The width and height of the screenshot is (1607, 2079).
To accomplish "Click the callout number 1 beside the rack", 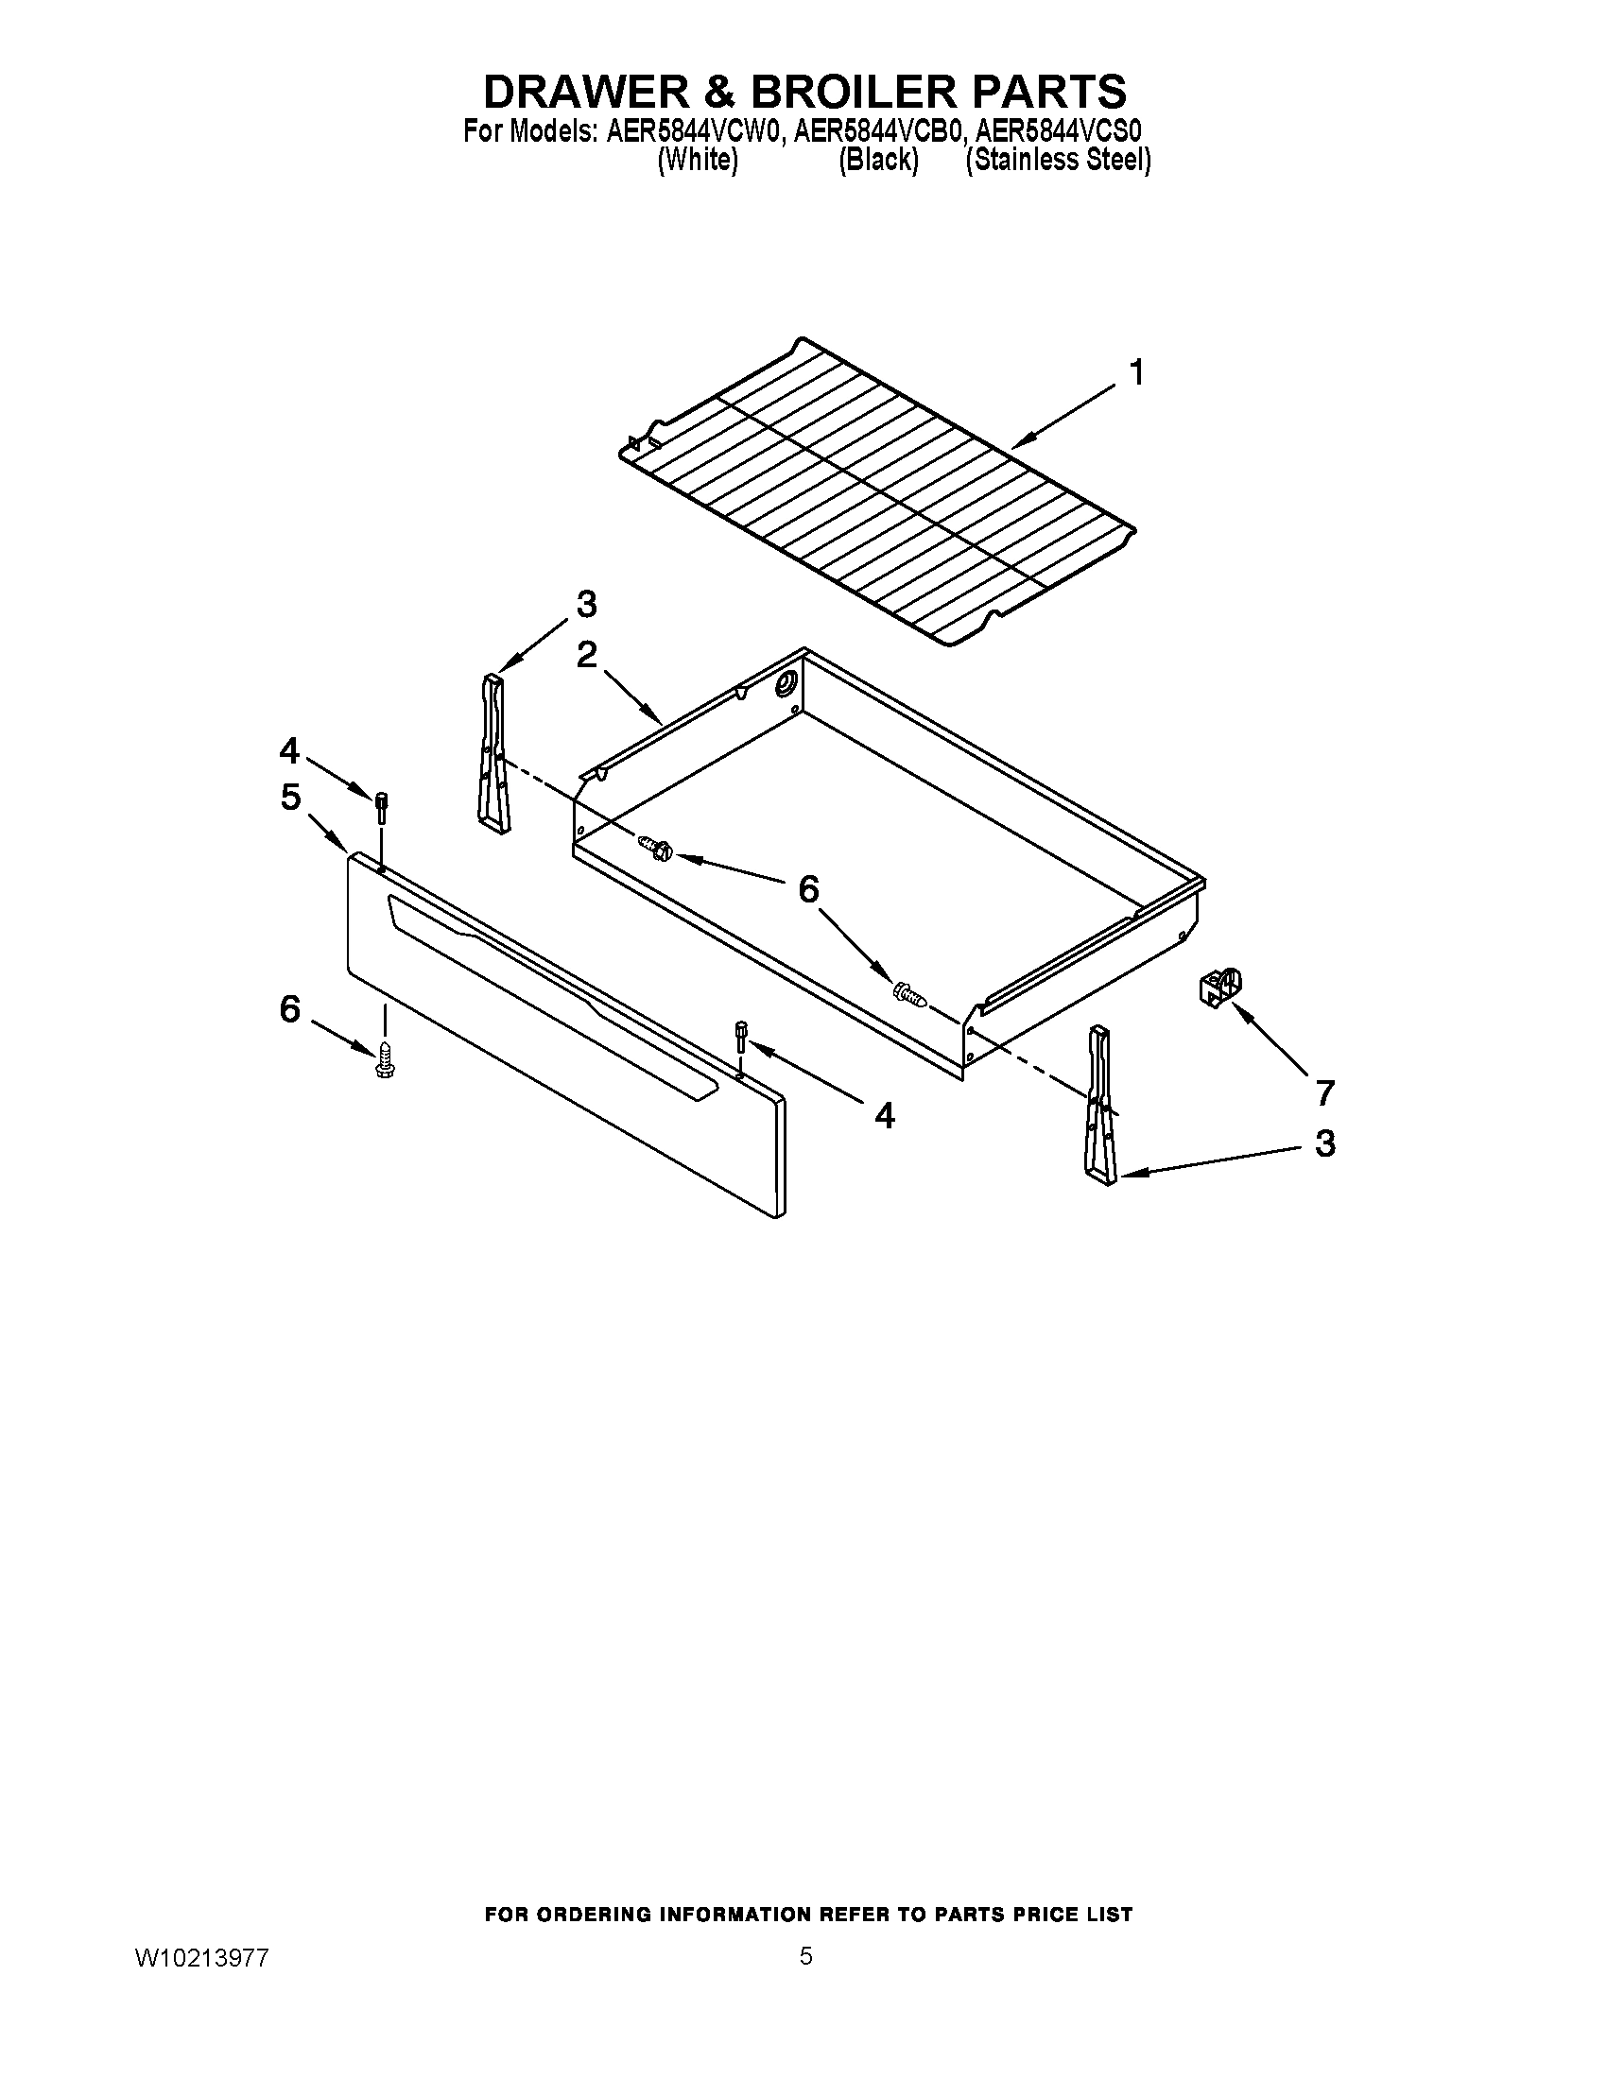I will [x=1135, y=373].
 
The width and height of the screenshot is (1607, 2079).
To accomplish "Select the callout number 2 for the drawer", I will [x=586, y=655].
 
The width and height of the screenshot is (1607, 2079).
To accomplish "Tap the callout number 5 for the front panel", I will [x=290, y=797].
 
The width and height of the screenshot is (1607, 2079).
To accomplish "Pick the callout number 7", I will [x=1324, y=1092].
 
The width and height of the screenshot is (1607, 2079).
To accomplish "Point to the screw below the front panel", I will [x=386, y=1060].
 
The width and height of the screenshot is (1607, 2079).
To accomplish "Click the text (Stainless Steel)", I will [x=1058, y=160].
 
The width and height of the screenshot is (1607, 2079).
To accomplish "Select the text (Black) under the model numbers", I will [x=878, y=160].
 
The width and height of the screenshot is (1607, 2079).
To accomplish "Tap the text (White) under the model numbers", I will [x=698, y=160].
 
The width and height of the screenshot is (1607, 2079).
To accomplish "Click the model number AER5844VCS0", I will [x=1059, y=130].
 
